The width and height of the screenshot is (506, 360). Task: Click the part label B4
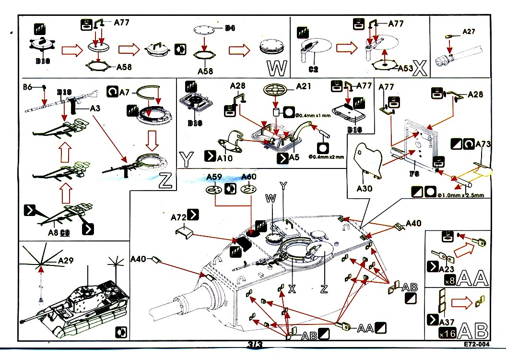coord(230,28)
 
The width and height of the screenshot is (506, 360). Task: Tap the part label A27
coord(468,32)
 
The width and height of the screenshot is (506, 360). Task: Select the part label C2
coord(313,70)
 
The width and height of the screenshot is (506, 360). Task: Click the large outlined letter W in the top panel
coord(276,69)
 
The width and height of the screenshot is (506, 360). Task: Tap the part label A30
coord(365,189)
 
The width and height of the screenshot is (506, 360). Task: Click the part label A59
coord(214,177)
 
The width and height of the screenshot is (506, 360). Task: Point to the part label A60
coord(249,177)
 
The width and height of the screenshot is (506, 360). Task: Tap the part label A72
coord(178,217)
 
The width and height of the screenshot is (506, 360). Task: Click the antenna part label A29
coord(66,261)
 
